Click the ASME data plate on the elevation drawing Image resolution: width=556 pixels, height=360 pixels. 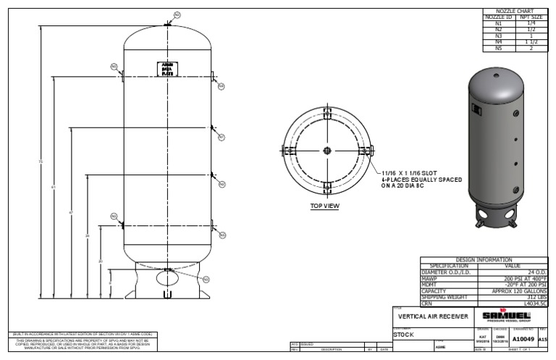[x=168, y=69]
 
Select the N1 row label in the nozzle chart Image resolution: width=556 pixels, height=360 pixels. [x=497, y=24]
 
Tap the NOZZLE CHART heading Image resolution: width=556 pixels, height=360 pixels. [x=513, y=12]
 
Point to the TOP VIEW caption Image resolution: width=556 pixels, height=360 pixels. [x=325, y=206]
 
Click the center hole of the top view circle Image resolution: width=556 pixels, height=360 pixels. [x=327, y=150]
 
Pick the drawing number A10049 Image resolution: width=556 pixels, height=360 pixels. [x=524, y=338]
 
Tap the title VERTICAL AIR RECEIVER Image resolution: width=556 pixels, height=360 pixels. [x=431, y=317]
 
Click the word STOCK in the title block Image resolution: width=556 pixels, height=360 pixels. [x=404, y=335]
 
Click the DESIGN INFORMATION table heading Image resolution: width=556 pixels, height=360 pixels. [x=484, y=260]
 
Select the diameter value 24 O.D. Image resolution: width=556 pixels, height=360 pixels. [x=535, y=272]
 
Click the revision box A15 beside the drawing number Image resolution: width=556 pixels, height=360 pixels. [x=544, y=338]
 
